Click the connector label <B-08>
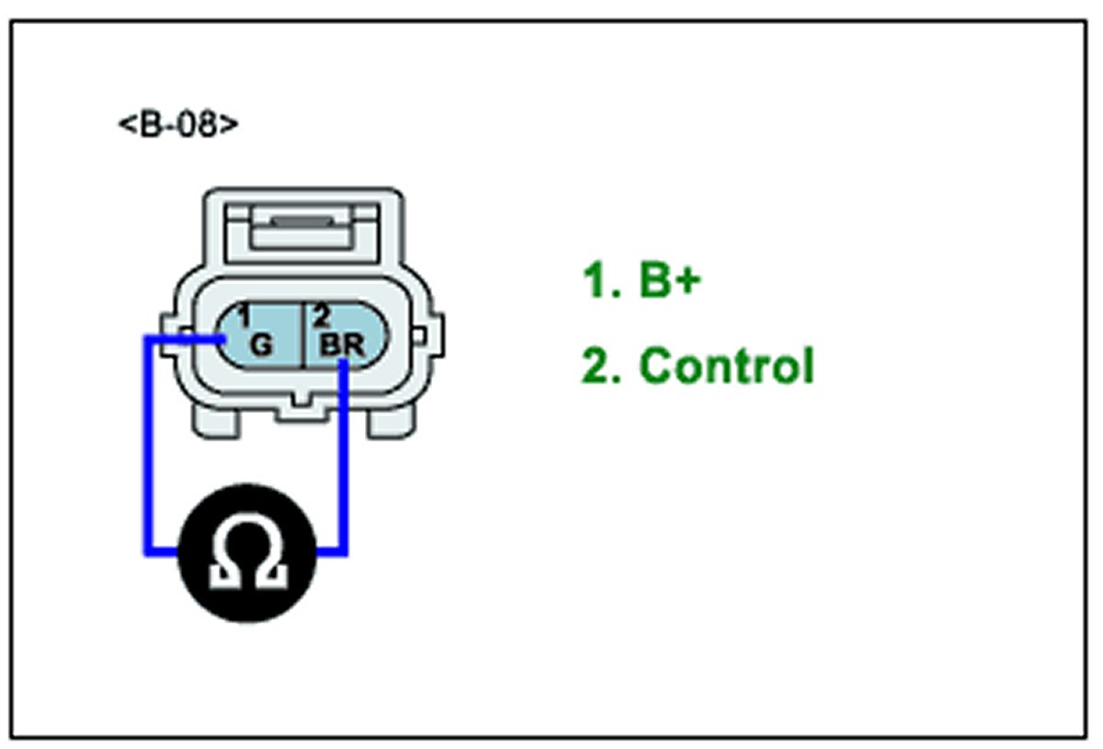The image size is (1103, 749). click(x=178, y=124)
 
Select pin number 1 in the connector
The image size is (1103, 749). click(x=244, y=318)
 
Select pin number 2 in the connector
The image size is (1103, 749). click(x=322, y=318)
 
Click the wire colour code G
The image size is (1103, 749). click(x=262, y=346)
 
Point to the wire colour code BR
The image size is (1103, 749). click(x=342, y=346)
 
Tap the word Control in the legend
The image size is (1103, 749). click(x=726, y=365)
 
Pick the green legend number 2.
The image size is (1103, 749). click(x=597, y=365)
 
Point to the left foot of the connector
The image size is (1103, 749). click(x=217, y=421)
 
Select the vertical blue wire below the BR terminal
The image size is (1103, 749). click(x=344, y=460)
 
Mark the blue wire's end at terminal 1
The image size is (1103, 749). click(x=223, y=339)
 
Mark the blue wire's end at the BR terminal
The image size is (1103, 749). click(x=344, y=365)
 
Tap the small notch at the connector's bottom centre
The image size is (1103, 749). click(x=301, y=402)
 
